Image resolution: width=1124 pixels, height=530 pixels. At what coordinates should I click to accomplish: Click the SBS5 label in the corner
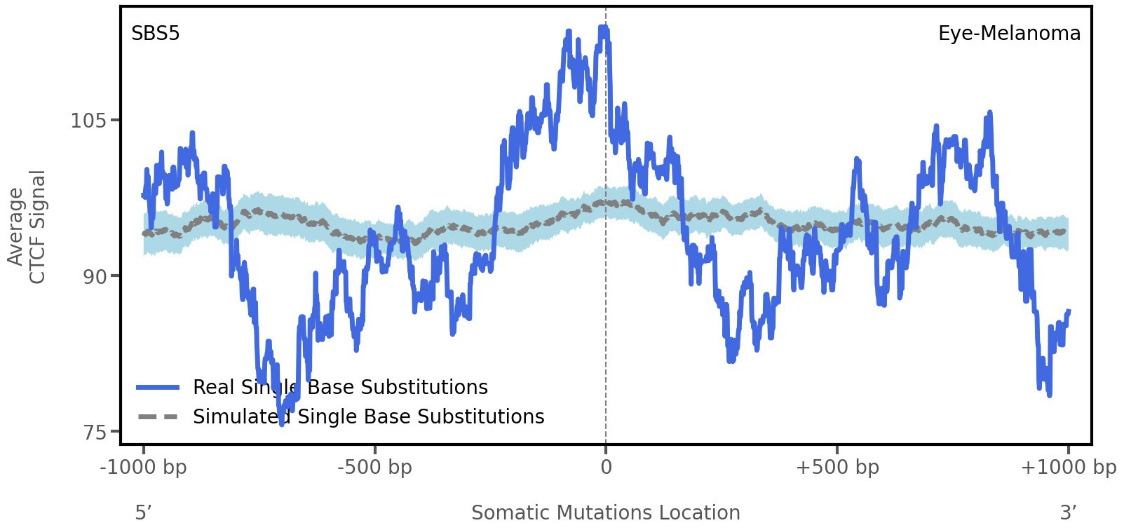pos(156,34)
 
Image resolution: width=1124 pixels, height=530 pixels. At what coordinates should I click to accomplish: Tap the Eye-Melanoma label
pos(1009,34)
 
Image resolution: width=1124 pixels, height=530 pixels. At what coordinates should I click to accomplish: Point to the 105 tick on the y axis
pos(88,121)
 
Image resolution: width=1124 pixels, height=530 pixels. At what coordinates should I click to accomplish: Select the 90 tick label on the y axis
pos(95,277)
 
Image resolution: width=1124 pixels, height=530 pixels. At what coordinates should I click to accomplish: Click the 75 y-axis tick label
pos(95,433)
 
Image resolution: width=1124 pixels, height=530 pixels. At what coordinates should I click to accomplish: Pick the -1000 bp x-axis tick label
pos(144,468)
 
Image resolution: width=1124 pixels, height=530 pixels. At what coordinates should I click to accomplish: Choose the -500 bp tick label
pos(374,468)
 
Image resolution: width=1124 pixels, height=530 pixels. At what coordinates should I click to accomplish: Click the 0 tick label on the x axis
pos(606,468)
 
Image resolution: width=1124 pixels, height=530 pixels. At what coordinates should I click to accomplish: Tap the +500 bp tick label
pos(837,468)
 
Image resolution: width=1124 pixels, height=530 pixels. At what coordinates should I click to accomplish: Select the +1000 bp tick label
pos(1068,468)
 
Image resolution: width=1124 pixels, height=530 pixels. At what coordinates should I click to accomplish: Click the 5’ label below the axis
pos(144,513)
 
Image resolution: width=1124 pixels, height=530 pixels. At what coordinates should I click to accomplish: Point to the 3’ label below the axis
pos(1068,513)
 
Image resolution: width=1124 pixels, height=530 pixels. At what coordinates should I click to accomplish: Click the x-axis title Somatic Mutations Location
pos(606,513)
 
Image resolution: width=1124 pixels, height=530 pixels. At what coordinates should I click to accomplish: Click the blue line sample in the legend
pos(158,388)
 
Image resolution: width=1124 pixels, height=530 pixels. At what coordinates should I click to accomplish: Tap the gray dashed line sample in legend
pos(158,417)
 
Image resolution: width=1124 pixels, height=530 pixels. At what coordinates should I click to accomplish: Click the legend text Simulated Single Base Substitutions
pos(369,417)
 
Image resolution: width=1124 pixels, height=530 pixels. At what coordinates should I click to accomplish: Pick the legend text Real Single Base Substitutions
pos(340,388)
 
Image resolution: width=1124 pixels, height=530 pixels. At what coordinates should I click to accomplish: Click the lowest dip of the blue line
pos(282,423)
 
